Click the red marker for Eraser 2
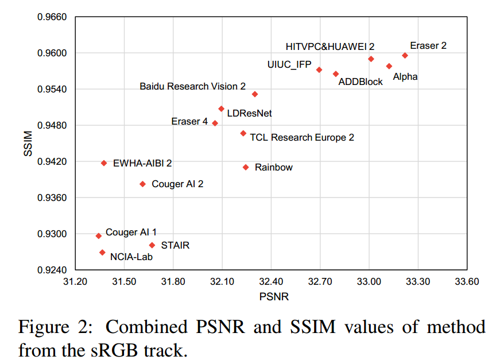pos(405,56)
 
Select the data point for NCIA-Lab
pos(102,252)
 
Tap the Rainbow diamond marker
pos(246,167)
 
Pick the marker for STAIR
pos(152,245)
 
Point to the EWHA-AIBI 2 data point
pos(104,163)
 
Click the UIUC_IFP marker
pos(319,70)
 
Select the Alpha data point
pos(389,67)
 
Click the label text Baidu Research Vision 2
pos(192,86)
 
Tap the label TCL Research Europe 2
pos(302,138)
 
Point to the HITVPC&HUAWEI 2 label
pos(330,47)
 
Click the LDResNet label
pos(249,113)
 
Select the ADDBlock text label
pos(361,82)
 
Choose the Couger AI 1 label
pos(131,233)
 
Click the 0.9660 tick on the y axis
pos(53,17)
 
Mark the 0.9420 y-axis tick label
pos(53,162)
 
